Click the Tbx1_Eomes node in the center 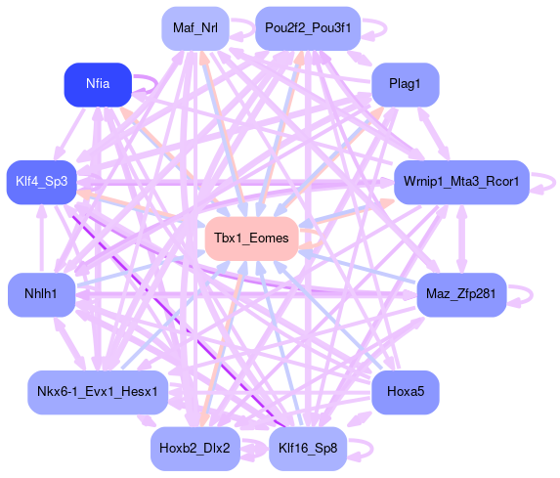click(252, 239)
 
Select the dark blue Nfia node click(98, 85)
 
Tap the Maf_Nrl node click(195, 28)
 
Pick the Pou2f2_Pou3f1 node click(308, 28)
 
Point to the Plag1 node click(406, 85)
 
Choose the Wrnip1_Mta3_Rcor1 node click(461, 182)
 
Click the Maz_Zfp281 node click(461, 295)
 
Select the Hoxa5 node click(406, 392)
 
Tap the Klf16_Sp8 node click(308, 449)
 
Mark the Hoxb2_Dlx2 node click(195, 449)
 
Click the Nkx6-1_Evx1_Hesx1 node click(98, 392)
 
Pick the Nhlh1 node click(42, 295)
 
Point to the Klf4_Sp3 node click(42, 182)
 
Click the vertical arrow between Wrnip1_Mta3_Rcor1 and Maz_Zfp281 click(461, 239)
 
